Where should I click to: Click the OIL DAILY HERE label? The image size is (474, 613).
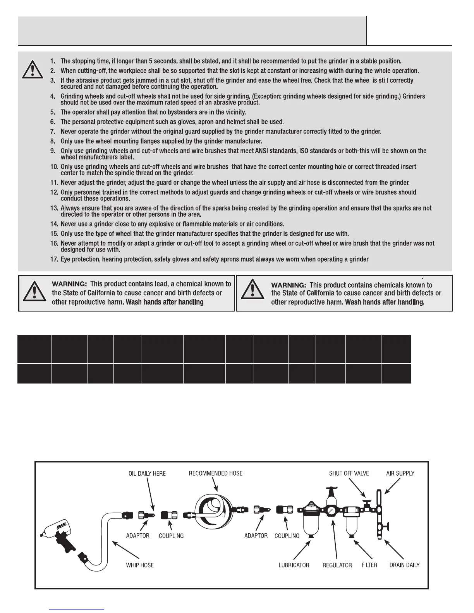coord(147,474)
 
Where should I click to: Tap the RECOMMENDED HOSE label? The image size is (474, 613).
coord(216,473)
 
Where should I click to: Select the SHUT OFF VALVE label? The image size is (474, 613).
coord(349,473)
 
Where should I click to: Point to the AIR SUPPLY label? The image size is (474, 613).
coord(400,473)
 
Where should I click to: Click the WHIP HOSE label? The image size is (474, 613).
coord(140,565)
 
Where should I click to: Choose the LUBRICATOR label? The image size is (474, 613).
coord(294,565)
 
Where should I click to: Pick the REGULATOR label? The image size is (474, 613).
coord(337,565)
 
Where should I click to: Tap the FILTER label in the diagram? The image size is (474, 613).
coord(369,565)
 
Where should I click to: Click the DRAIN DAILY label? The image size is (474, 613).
coord(404,565)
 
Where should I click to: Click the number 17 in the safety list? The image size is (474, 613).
coord(54,259)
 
